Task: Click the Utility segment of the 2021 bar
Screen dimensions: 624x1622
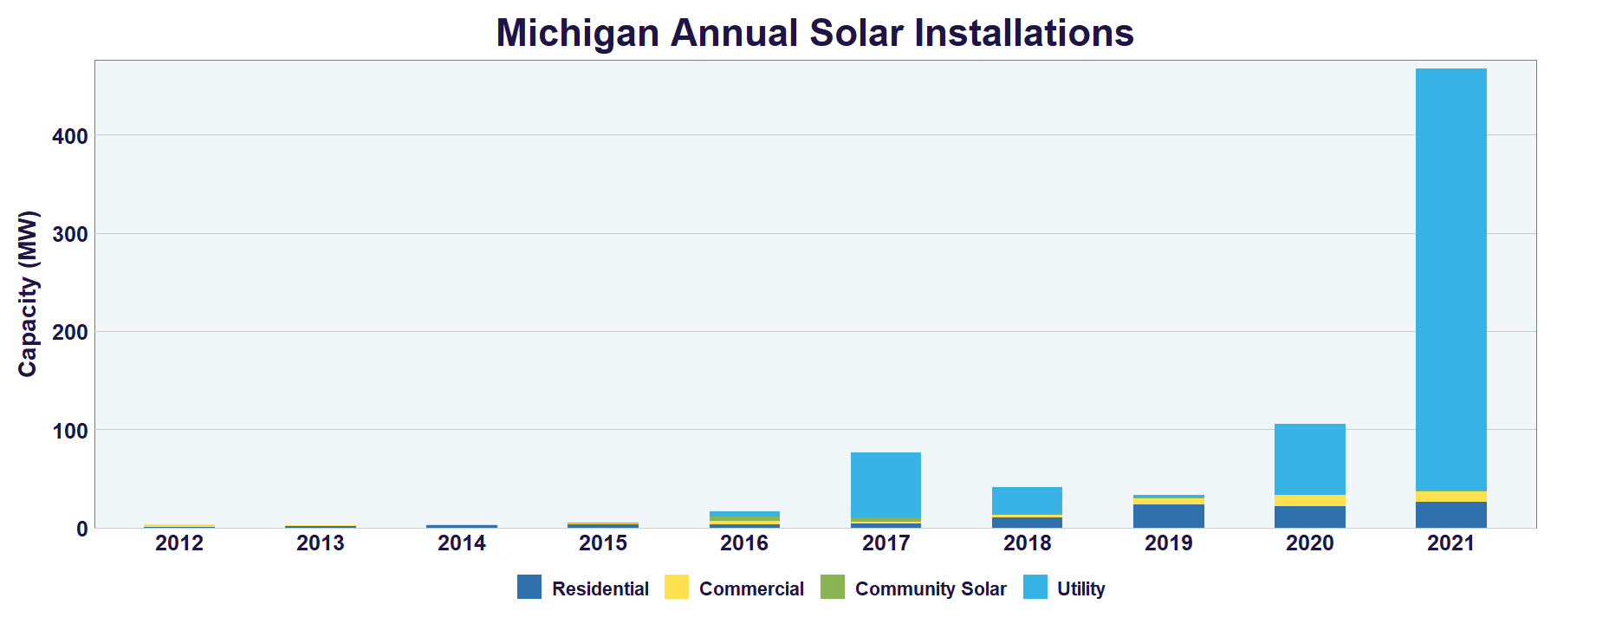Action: coord(1450,277)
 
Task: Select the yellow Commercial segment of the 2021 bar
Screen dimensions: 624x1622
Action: coord(1450,497)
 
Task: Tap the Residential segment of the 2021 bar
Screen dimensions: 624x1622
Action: coord(1450,515)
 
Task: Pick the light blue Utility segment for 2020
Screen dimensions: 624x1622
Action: coord(1309,459)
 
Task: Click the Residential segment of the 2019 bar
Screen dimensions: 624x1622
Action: coord(1168,517)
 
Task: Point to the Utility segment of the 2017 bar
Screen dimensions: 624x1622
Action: coord(886,485)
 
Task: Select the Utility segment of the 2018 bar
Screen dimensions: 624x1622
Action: coord(1027,501)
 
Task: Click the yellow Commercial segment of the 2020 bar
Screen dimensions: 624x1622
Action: coord(1309,501)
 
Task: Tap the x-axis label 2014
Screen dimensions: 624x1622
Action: coord(462,543)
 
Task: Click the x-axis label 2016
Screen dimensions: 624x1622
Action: coord(744,543)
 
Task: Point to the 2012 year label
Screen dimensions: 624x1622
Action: coord(179,543)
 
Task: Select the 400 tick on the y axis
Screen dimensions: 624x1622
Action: coord(70,136)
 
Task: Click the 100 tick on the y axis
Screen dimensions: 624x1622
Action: coord(70,431)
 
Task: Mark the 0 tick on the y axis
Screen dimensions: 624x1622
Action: coord(81,529)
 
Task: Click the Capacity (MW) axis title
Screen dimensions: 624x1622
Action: coord(29,294)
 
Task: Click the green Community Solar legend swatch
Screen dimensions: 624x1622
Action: coord(832,588)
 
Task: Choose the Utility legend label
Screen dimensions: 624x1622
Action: coord(1080,589)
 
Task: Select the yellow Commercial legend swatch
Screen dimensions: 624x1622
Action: coord(676,588)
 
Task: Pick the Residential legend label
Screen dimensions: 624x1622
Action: coord(600,589)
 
